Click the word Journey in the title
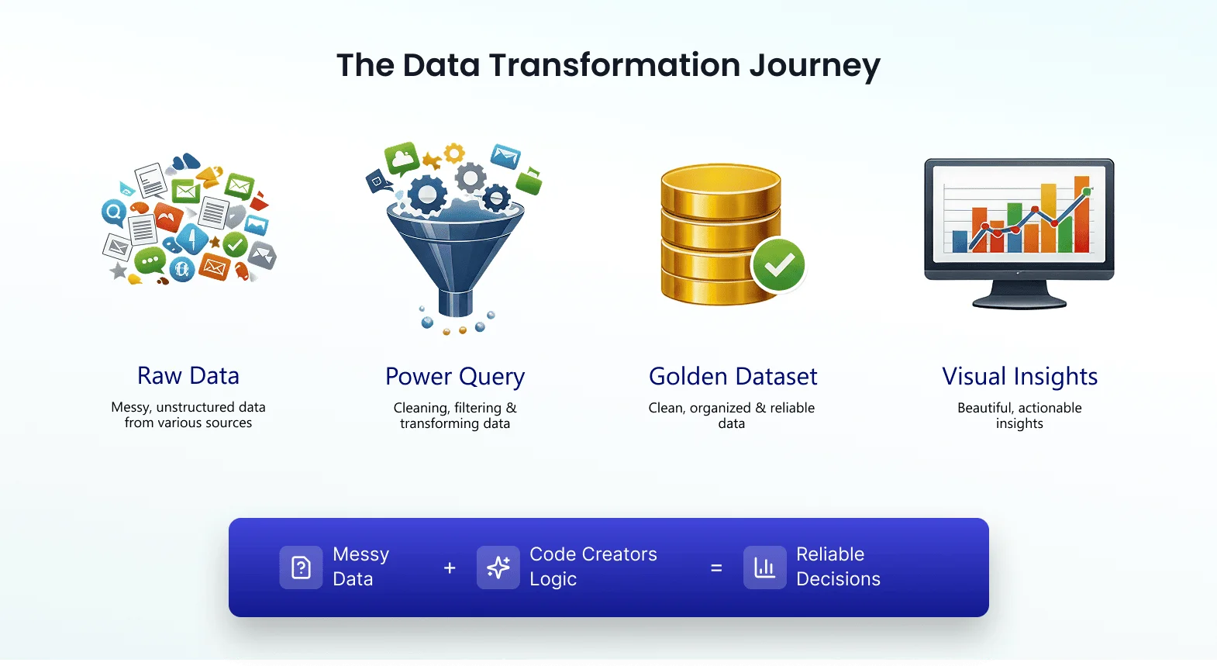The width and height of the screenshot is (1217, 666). (x=815, y=65)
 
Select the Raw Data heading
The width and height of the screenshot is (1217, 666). (x=188, y=376)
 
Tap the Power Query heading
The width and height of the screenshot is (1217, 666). (x=455, y=377)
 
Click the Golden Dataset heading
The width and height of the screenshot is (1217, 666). (x=733, y=377)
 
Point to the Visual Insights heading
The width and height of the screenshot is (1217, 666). (x=1019, y=377)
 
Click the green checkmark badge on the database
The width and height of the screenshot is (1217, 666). (x=778, y=265)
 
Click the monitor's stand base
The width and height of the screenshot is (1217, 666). (x=1019, y=302)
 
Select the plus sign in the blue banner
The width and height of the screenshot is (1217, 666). (x=450, y=568)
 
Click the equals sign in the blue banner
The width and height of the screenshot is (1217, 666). (x=716, y=568)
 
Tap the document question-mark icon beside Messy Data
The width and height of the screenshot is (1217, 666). (x=301, y=568)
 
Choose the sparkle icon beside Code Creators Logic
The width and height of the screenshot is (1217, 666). (x=498, y=568)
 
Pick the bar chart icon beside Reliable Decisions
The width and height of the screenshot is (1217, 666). (x=764, y=568)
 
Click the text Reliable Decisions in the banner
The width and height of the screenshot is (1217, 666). (x=837, y=567)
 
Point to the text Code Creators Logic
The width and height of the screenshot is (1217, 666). (x=592, y=567)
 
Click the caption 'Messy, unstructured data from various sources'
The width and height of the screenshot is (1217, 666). (x=188, y=415)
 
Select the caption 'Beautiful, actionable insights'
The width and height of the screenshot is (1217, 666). (x=1019, y=416)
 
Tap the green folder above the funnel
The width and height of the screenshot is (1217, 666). (x=529, y=181)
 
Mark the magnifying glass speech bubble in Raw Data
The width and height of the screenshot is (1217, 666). (x=114, y=211)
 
